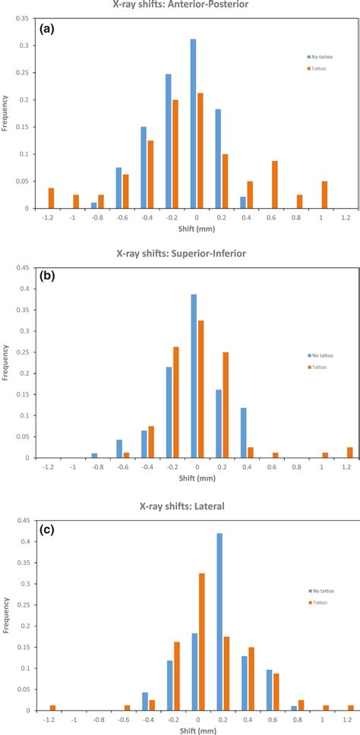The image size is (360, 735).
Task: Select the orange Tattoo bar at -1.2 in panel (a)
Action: [x=52, y=198]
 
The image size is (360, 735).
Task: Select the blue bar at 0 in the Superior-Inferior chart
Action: [x=193, y=376]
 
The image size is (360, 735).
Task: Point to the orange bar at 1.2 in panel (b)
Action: [x=349, y=453]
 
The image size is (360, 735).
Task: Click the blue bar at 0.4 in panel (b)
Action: [x=243, y=433]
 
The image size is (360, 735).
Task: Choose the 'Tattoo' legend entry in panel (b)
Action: [x=312, y=367]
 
